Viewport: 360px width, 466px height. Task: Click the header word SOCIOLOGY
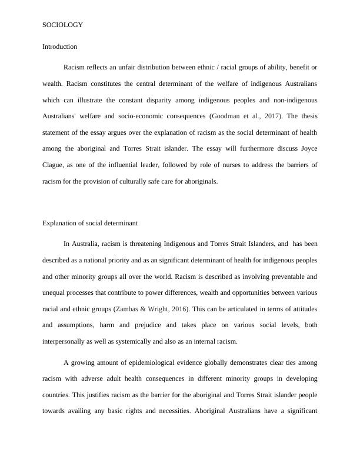[x=62, y=25]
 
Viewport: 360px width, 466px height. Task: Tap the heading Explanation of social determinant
[x=89, y=222]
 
